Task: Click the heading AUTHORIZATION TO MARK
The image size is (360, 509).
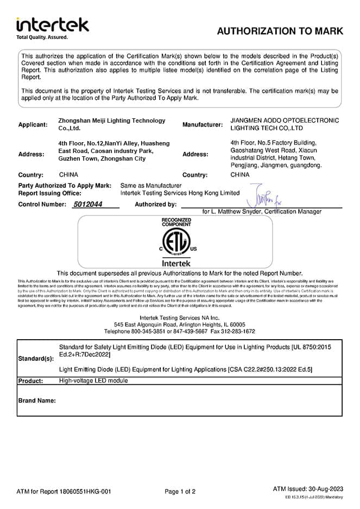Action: pos(280,31)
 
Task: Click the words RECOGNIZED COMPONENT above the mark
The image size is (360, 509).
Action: pos(177,222)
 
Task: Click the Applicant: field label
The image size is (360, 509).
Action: pos(33,124)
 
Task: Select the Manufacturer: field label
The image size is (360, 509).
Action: pos(203,124)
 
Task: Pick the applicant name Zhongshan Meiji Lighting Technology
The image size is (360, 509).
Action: pos(111,120)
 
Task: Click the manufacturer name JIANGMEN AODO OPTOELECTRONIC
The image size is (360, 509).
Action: pos(285,120)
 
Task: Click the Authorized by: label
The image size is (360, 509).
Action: pos(155,205)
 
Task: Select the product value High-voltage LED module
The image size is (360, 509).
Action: pos(93,380)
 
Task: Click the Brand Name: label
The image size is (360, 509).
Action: pos(37,400)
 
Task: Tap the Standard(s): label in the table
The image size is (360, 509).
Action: pos(36,359)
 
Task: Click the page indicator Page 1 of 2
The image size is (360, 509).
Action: pos(180,492)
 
